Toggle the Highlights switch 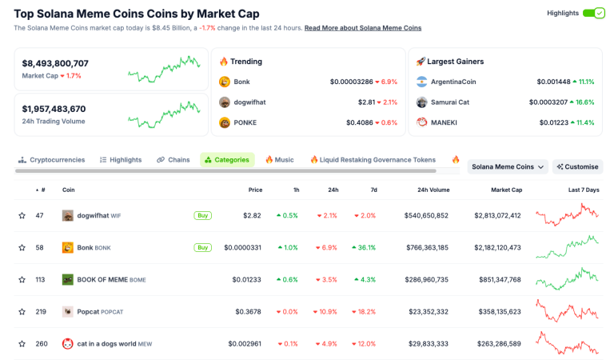(594, 13)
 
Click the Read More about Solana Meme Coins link (363, 28)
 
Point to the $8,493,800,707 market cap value (55, 63)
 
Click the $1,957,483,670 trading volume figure (54, 109)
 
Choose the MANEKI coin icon (422, 122)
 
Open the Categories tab (227, 160)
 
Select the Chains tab (173, 160)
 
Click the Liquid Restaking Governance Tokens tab (373, 160)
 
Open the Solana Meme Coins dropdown (508, 166)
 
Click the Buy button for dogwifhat (202, 215)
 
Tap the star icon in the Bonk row (22, 248)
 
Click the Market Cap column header (506, 190)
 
